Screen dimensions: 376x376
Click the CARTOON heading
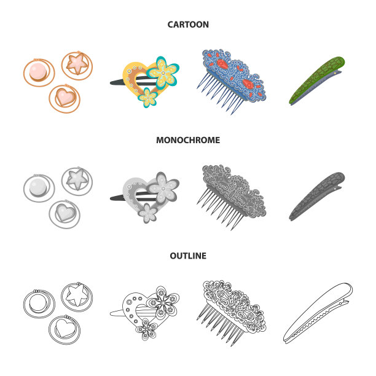coord(188,25)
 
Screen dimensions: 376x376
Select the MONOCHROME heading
coord(188,140)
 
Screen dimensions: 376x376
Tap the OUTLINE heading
coord(188,256)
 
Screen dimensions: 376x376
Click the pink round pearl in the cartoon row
coord(38,71)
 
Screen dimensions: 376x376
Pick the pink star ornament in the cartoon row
coord(77,63)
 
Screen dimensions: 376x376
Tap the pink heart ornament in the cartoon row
coord(65,97)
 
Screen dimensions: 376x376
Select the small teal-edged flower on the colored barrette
coord(147,98)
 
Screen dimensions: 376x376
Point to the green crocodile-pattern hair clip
coord(317,80)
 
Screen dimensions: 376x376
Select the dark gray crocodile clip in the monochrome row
coord(317,196)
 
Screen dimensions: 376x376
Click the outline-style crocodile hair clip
coord(318,313)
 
